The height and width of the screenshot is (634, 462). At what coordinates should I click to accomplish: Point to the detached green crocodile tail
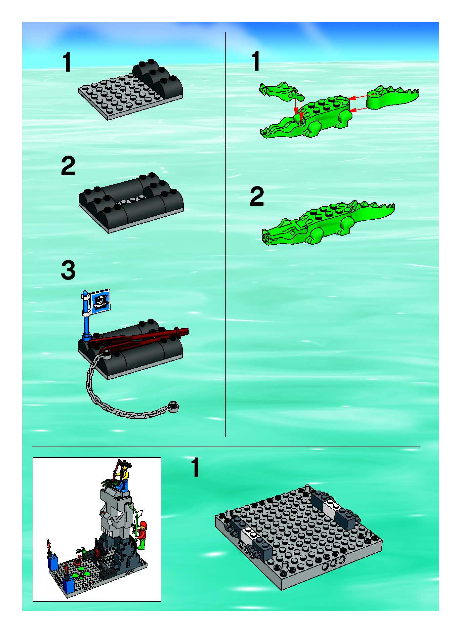click(393, 97)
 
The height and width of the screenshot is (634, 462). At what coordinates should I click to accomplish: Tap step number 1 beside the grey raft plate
click(67, 62)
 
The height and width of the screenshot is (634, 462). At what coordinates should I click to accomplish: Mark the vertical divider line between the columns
click(226, 234)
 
